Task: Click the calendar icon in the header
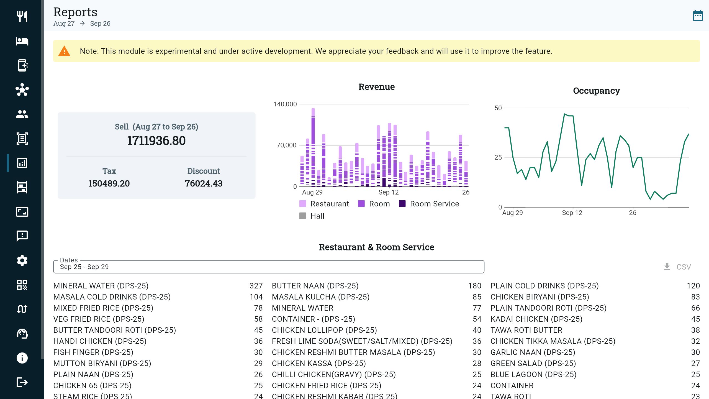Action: tap(697, 16)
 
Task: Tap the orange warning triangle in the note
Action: tap(64, 51)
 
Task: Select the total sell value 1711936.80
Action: tap(156, 141)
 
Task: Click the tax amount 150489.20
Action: tap(109, 183)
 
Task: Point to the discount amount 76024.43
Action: tap(204, 183)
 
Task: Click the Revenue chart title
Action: tap(376, 87)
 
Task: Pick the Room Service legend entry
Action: tap(429, 204)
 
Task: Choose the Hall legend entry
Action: tap(312, 216)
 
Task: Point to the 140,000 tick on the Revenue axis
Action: tap(285, 104)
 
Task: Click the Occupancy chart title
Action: tap(596, 91)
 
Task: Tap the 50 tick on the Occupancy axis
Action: tap(498, 108)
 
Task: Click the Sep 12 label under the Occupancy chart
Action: tap(572, 213)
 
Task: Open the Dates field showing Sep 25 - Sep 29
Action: tap(269, 267)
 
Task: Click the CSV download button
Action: tap(677, 267)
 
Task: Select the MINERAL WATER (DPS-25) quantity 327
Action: tap(256, 286)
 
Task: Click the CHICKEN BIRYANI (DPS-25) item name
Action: tap(540, 297)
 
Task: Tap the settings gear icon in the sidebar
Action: tap(22, 260)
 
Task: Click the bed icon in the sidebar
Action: tap(22, 41)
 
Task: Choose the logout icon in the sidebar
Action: tap(22, 382)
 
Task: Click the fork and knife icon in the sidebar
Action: tap(22, 17)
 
